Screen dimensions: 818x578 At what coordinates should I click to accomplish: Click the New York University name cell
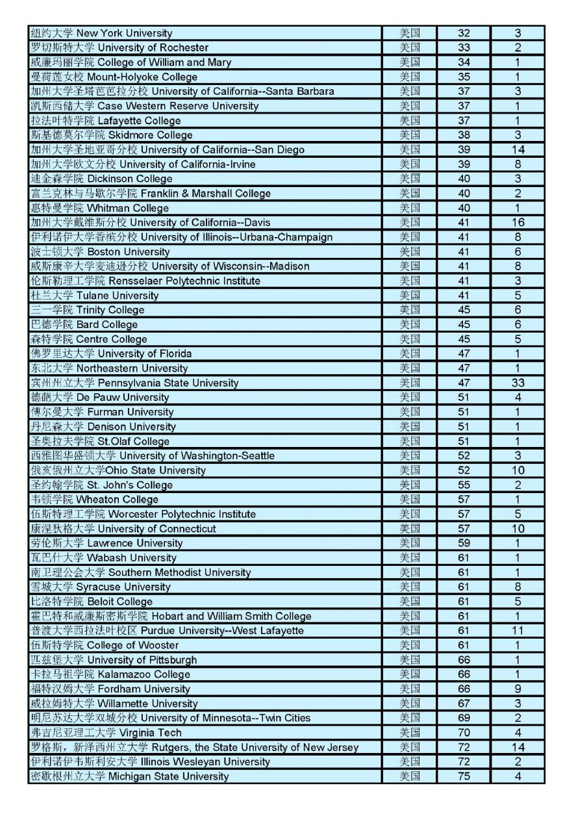(x=102, y=33)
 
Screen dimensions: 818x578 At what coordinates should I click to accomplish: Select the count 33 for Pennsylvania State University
(x=518, y=383)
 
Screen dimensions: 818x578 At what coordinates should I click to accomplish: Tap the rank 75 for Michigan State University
(x=464, y=776)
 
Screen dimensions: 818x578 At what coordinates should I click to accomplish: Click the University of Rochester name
(x=120, y=47)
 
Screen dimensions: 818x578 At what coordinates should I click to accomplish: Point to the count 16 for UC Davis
(x=518, y=222)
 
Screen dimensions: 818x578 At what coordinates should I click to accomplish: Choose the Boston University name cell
(x=101, y=251)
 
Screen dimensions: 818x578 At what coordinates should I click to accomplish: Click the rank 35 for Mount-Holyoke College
(x=464, y=77)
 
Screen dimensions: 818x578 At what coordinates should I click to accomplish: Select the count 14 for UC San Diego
(x=518, y=149)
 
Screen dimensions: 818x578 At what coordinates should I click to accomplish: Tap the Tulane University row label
(x=95, y=296)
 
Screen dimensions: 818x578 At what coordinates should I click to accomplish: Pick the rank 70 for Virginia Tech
(x=464, y=732)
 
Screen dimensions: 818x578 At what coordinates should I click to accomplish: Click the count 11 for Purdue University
(x=518, y=630)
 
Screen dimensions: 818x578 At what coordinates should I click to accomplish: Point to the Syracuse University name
(x=101, y=587)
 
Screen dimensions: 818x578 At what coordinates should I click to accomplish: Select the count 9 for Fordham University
(x=518, y=689)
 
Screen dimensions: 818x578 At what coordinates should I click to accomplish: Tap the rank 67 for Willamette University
(x=464, y=704)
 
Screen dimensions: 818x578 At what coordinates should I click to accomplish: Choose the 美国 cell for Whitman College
(x=409, y=208)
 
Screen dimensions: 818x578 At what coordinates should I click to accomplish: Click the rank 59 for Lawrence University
(x=464, y=543)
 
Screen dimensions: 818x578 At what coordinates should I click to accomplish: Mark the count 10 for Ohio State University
(x=518, y=470)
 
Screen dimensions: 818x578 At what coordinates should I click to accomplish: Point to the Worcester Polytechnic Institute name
(x=143, y=514)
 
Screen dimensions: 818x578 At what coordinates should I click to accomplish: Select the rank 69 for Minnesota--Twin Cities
(x=464, y=718)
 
